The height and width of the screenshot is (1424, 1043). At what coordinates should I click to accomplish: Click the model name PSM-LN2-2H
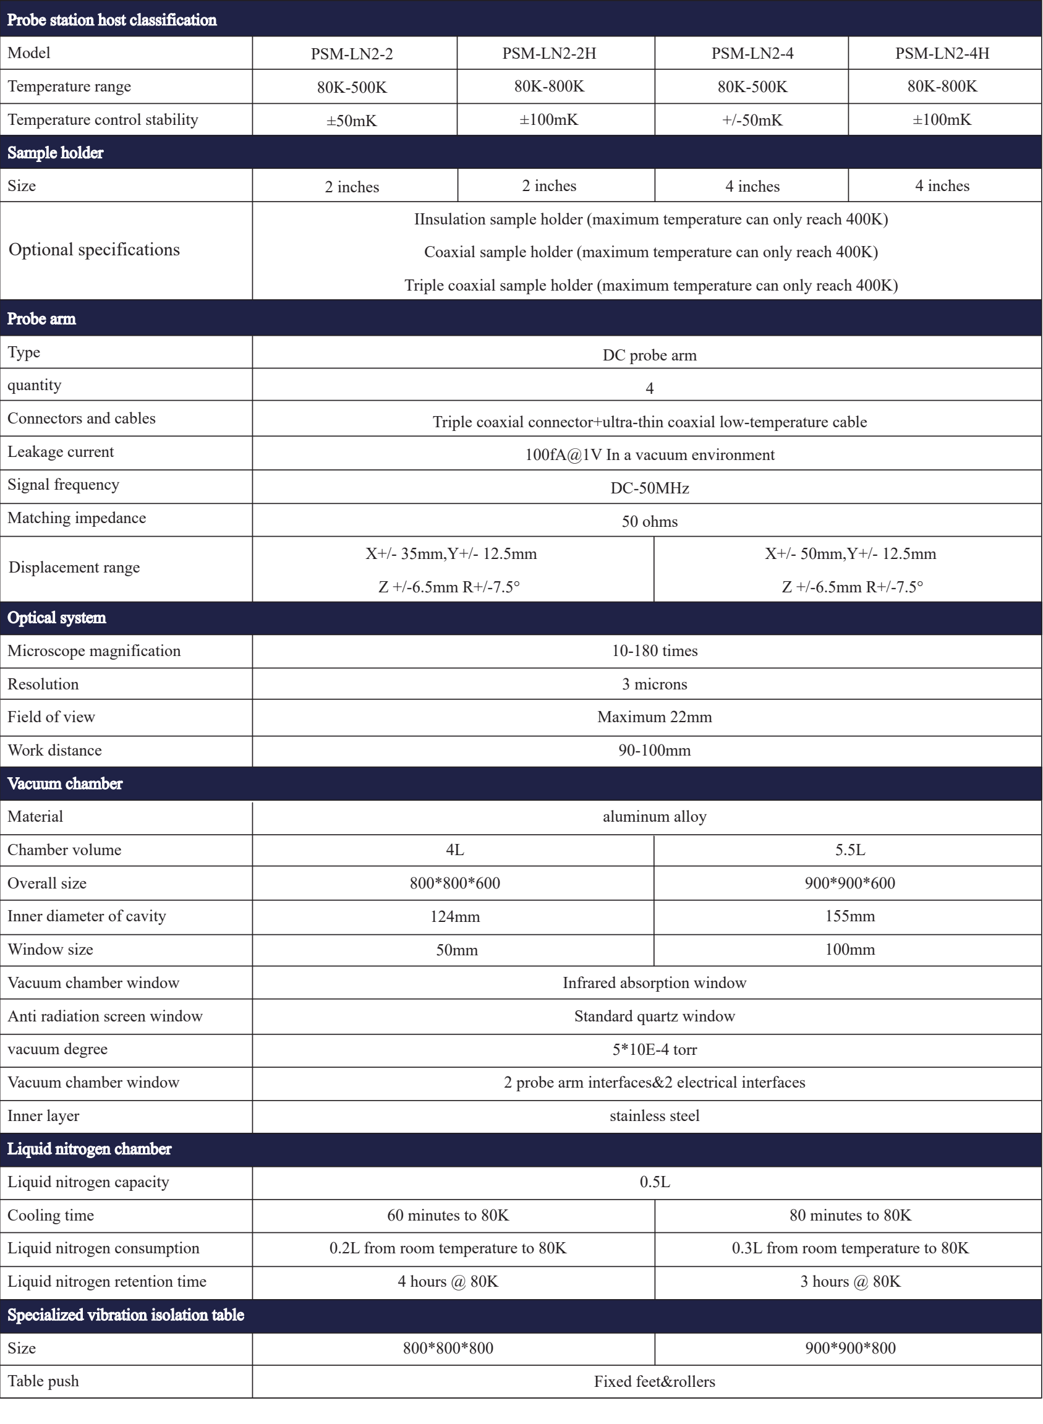click(x=548, y=53)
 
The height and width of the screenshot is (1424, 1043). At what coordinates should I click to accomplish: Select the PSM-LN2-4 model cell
click(x=752, y=53)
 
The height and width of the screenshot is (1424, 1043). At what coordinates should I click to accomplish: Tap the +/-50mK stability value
click(x=752, y=120)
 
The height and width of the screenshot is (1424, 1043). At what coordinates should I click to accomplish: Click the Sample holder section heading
click(x=56, y=152)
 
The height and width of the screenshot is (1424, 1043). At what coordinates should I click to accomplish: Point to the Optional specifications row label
click(x=94, y=249)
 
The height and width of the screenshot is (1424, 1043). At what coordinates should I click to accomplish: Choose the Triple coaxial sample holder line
click(x=651, y=286)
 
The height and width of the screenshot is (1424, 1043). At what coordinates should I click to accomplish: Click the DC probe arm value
click(x=649, y=355)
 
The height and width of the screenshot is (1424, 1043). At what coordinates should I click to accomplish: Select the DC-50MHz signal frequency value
click(x=649, y=488)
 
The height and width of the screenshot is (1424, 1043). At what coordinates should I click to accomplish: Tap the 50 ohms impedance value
click(x=649, y=522)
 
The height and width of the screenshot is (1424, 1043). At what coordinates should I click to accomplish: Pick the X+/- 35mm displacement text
click(x=451, y=554)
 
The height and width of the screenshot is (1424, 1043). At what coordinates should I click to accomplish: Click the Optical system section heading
click(x=57, y=618)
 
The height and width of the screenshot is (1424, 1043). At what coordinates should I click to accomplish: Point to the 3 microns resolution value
click(x=654, y=684)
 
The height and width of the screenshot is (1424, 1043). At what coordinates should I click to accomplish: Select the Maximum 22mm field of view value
click(x=654, y=717)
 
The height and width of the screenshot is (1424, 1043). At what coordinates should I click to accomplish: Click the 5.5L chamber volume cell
click(x=850, y=850)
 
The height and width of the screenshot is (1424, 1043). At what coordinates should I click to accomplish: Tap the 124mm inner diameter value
click(x=454, y=916)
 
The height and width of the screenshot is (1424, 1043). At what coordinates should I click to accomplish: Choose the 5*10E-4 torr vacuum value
click(x=654, y=1049)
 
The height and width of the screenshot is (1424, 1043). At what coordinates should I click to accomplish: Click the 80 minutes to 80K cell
click(x=850, y=1216)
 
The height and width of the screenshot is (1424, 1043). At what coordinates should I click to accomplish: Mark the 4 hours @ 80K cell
click(x=448, y=1281)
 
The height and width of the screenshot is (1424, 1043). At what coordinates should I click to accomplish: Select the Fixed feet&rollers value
click(x=654, y=1382)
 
